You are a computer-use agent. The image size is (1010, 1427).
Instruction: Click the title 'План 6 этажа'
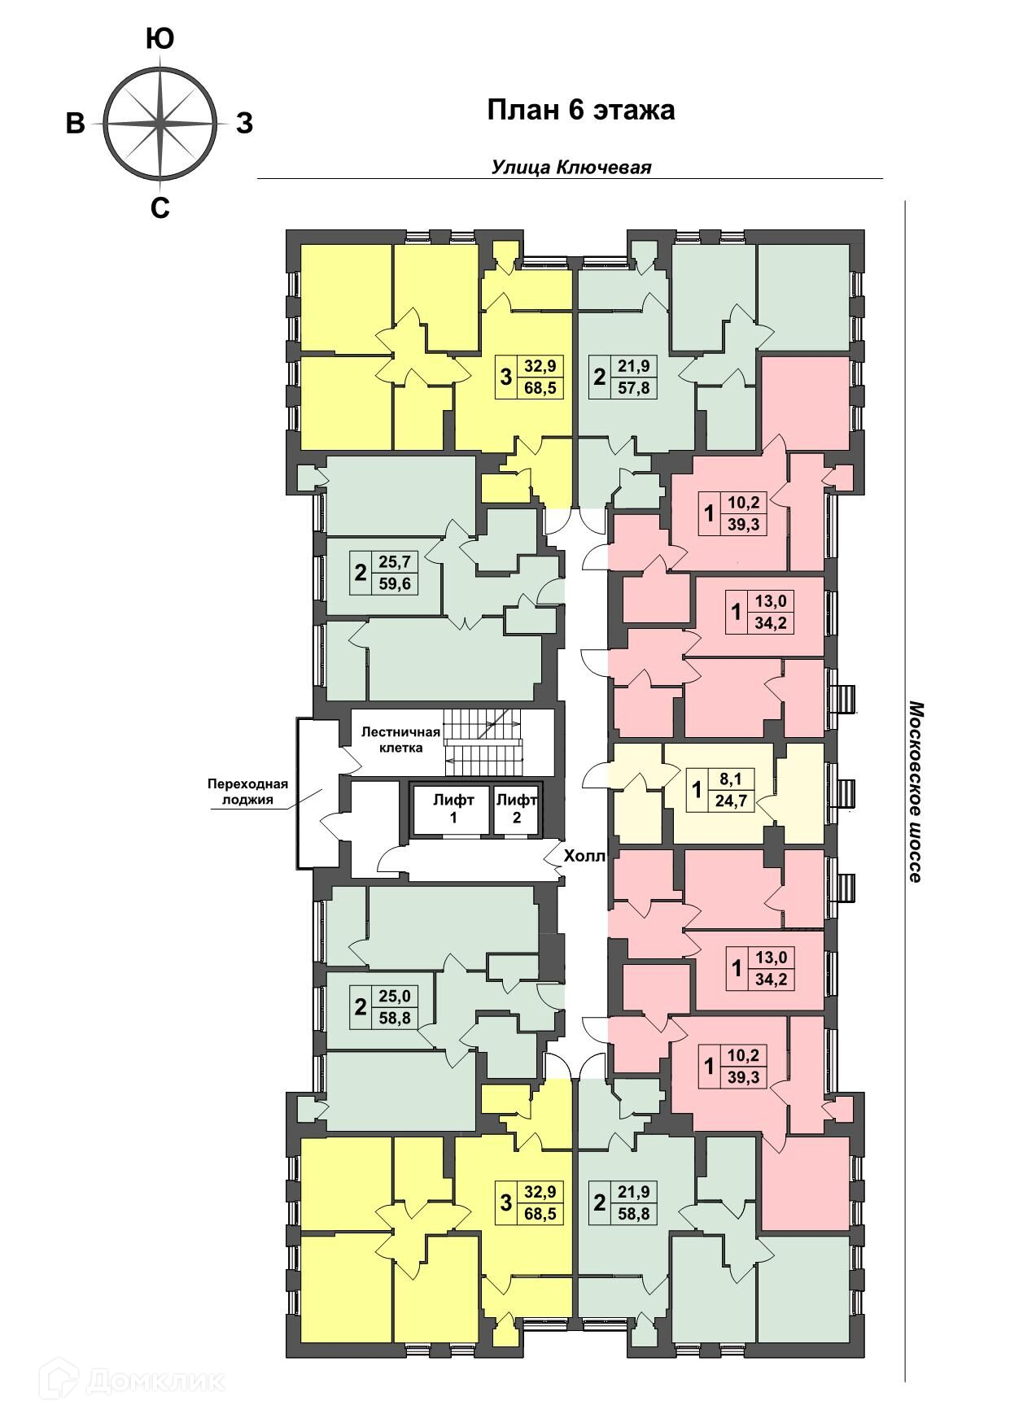(581, 111)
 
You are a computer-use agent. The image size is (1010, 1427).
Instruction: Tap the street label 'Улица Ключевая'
(571, 167)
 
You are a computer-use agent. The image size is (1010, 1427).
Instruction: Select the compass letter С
(160, 209)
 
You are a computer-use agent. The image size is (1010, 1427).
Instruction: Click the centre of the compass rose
(160, 124)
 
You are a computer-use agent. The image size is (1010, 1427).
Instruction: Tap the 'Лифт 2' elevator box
(516, 809)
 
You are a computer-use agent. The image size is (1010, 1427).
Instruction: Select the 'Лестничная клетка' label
(400, 740)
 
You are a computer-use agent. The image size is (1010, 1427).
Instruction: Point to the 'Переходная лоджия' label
(248, 792)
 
